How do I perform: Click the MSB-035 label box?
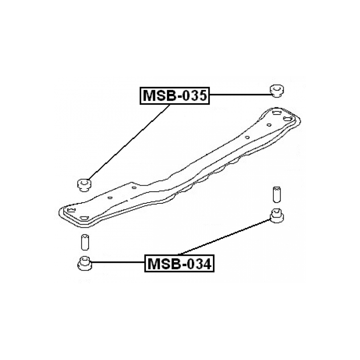(x=175, y=96)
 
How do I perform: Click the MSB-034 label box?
(x=179, y=263)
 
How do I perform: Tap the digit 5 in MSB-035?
(x=202, y=96)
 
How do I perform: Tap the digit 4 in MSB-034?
(x=207, y=264)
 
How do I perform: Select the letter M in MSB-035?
(x=149, y=96)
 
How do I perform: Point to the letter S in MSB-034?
(x=163, y=264)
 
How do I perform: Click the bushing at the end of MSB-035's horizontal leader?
(x=277, y=91)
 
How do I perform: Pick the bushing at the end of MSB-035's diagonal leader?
(x=84, y=185)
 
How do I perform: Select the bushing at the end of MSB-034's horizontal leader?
(x=85, y=263)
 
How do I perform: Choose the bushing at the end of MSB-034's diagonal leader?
(x=277, y=215)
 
